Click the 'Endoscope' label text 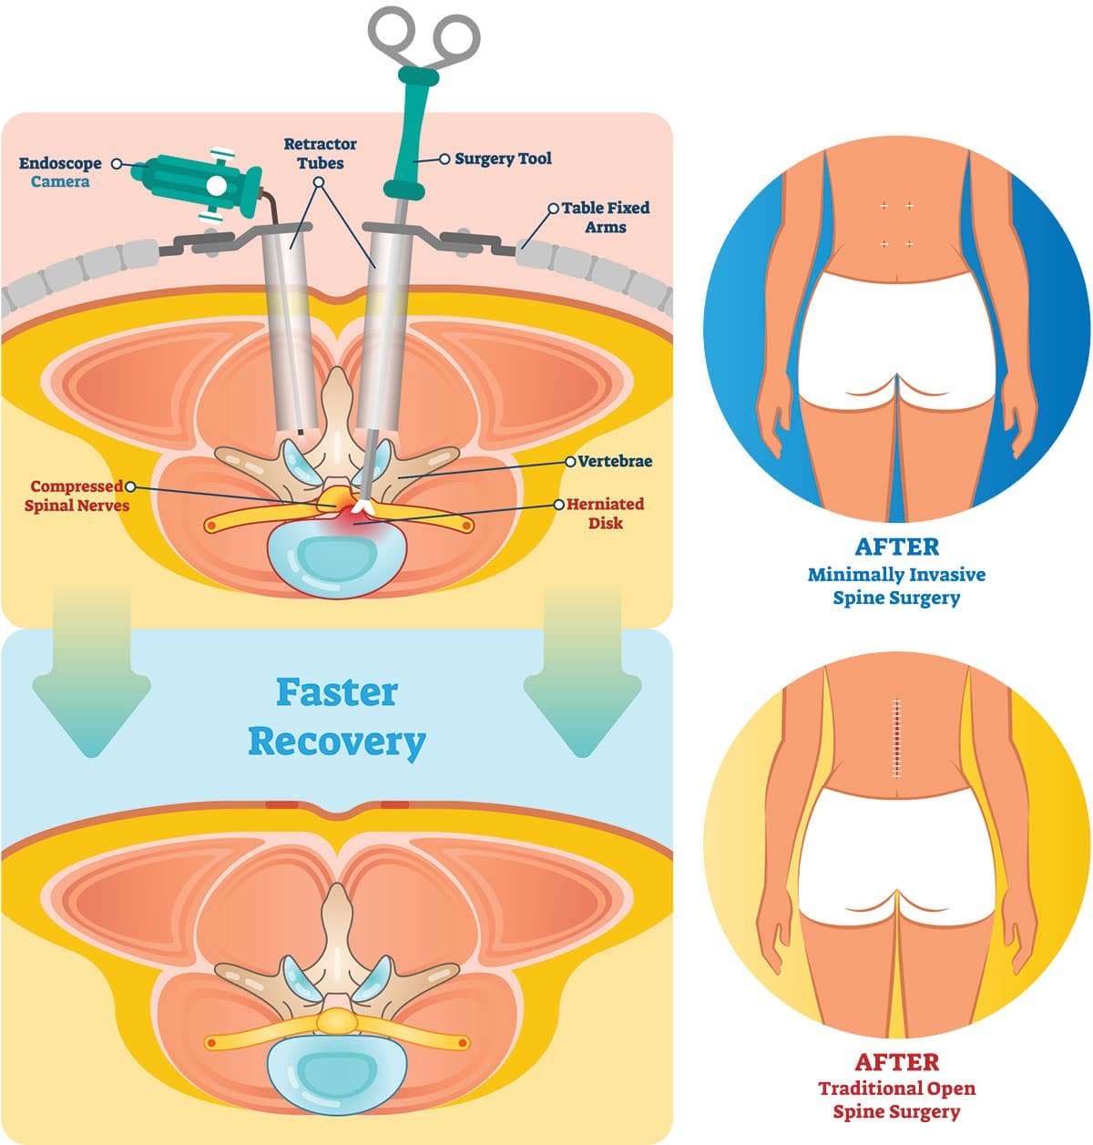click(60, 164)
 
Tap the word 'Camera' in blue click(60, 182)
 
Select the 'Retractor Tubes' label click(321, 153)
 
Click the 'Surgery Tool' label click(503, 158)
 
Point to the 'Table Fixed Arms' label click(606, 217)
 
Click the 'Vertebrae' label click(615, 461)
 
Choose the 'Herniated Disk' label click(605, 513)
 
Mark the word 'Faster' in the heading click(337, 692)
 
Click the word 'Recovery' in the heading click(337, 741)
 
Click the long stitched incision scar click(899, 739)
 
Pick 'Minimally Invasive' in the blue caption click(896, 575)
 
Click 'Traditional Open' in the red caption click(896, 1089)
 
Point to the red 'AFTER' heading click(896, 1062)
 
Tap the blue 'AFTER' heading click(896, 547)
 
